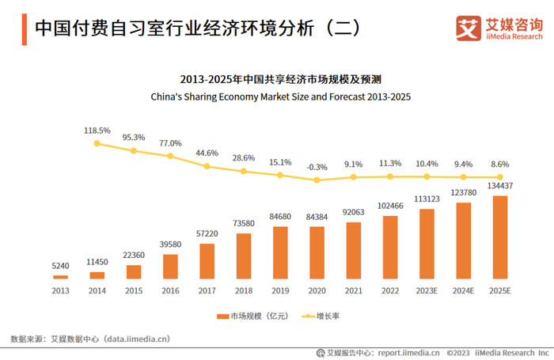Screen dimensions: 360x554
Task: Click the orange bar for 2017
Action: (207, 261)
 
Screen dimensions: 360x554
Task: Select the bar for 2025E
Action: (500, 237)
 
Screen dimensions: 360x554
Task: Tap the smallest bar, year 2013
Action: (60, 277)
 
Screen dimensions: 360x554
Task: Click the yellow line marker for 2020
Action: (317, 180)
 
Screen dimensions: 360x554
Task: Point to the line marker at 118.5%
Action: (97, 143)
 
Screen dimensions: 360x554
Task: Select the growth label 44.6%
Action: (207, 153)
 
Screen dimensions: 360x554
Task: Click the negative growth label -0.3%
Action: (317, 166)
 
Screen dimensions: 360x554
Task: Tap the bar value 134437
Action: (500, 187)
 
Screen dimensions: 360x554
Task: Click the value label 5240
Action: (60, 267)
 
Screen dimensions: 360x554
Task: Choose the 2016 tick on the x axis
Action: (170, 290)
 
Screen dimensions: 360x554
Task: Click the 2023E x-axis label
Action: (427, 290)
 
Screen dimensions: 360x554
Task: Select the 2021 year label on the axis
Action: (354, 290)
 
